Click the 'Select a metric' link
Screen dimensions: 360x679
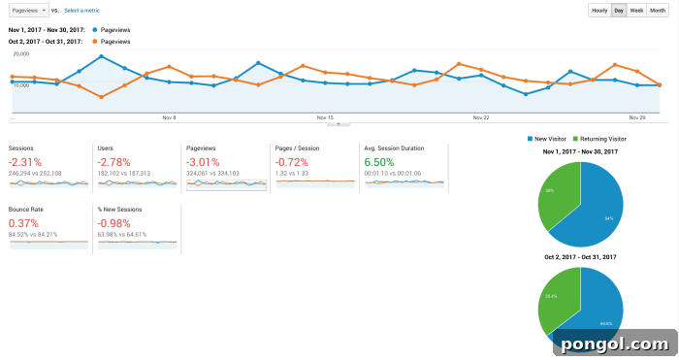coord(83,10)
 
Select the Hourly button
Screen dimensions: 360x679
coord(598,10)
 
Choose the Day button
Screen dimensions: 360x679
coord(618,10)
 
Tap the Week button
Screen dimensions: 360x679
coord(636,10)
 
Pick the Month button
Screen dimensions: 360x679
coord(658,10)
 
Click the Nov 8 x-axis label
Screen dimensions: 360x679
coord(169,117)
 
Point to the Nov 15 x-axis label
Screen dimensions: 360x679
coord(325,117)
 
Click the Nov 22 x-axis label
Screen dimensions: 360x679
coord(480,117)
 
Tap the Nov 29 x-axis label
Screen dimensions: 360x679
coord(636,117)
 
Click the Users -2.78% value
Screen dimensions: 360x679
coord(113,161)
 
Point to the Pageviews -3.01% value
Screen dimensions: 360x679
coord(203,161)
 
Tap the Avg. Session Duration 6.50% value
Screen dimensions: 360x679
coord(379,161)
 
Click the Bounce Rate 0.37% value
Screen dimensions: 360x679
coord(24,222)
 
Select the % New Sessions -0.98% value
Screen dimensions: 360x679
coord(114,222)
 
